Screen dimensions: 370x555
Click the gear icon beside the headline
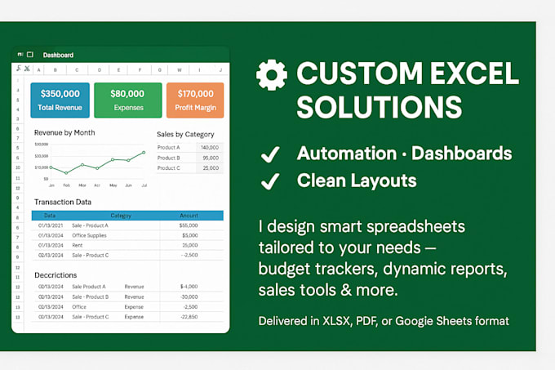271,75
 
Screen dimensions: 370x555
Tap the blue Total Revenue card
60,100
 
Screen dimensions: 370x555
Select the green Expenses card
127,100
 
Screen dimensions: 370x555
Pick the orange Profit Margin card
194,100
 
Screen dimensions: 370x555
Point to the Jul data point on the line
144,152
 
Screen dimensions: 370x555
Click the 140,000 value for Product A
210,147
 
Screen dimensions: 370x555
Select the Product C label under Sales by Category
168,168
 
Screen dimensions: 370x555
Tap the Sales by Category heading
185,134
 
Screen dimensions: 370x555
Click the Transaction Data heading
63,202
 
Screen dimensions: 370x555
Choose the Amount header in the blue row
189,216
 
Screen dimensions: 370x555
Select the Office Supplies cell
91,235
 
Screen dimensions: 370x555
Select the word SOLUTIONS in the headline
380,107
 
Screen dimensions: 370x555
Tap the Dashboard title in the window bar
58,55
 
